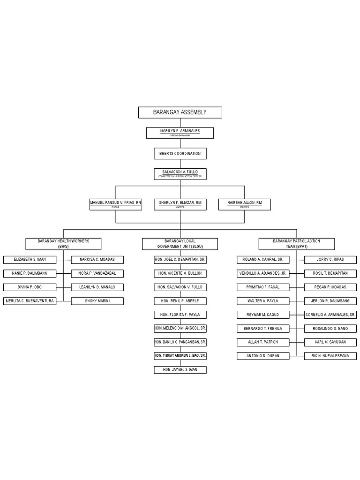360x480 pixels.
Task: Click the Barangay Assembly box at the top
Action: [x=180, y=112]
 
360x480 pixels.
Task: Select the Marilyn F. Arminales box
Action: [x=180, y=133]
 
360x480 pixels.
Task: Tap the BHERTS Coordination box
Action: [x=180, y=153]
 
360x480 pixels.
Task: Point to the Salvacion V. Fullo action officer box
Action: [x=180, y=174]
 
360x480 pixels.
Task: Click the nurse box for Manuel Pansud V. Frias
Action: [x=116, y=204]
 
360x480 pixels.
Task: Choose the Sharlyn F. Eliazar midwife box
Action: [x=180, y=204]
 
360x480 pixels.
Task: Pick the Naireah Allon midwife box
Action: [x=244, y=204]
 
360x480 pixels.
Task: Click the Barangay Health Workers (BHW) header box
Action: [x=63, y=244]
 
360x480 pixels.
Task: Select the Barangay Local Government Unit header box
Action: [x=180, y=244]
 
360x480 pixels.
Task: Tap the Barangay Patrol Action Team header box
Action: [x=296, y=244]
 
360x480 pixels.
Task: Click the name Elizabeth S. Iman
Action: [x=29, y=260]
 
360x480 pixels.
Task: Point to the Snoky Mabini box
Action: [x=97, y=301]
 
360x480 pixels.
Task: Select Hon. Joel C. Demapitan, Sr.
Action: [x=180, y=260]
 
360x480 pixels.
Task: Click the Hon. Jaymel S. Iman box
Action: [x=180, y=370]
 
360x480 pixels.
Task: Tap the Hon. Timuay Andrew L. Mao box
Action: [x=180, y=356]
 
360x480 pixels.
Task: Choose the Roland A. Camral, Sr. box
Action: [x=263, y=260]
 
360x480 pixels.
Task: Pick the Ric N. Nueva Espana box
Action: [x=330, y=356]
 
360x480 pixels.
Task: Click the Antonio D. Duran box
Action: [x=263, y=356]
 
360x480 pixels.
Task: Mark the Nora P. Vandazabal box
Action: [x=97, y=273]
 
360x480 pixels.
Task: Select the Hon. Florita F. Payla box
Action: [x=180, y=315]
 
